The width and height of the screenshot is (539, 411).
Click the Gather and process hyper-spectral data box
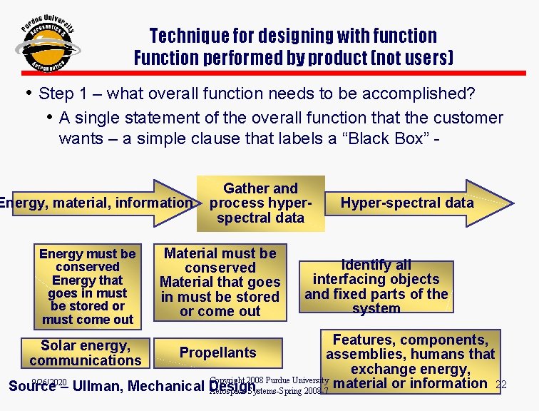pos(260,203)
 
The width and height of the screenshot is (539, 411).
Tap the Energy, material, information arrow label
pos(96,203)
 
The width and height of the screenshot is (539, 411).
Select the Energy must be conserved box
pos(87,287)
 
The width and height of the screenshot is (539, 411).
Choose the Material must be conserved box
pos(220,283)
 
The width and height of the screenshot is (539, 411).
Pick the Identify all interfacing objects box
pos(376,286)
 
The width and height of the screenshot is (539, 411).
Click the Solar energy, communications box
pos(86,353)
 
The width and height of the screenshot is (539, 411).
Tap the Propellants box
pos(217,352)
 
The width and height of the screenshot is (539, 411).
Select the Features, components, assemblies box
pos(414,361)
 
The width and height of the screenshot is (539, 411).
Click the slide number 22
pos(500,385)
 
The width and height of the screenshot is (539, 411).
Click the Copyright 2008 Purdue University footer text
pos(269,380)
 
